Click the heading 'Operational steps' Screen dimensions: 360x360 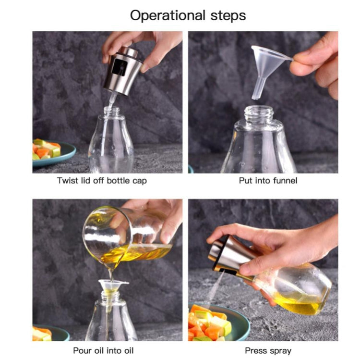(188, 15)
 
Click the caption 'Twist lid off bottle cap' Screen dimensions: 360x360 (102, 181)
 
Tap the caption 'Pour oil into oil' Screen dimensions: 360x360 (102, 350)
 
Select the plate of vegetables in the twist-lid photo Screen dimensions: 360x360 (50, 152)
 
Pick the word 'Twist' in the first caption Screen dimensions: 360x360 (67, 181)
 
